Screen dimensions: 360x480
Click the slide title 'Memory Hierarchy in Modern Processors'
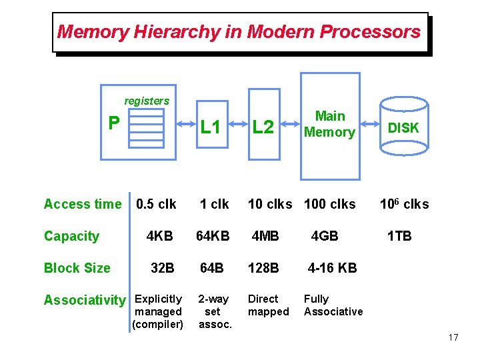coord(239,31)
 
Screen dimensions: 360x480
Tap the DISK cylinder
coord(403,128)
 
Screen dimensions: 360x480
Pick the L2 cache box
coord(263,127)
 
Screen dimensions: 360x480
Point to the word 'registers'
coord(147,101)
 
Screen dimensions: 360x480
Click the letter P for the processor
coord(115,123)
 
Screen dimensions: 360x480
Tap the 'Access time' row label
coord(83,204)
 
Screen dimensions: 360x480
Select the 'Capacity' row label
coord(71,236)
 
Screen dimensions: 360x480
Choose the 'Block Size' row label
coord(77,268)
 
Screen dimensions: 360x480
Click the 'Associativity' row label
coord(84,300)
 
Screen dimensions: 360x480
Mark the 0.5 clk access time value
coord(156,204)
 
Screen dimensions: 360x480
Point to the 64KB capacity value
coord(213,236)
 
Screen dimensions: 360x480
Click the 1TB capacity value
coord(400,236)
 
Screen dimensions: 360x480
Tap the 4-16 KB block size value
coord(332,268)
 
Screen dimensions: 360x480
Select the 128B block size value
coord(263,268)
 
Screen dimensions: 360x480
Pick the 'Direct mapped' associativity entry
coord(268,305)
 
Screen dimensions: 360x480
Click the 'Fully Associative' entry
coord(333,305)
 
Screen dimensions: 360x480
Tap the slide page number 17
coord(453,337)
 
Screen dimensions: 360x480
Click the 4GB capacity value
coord(325,236)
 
